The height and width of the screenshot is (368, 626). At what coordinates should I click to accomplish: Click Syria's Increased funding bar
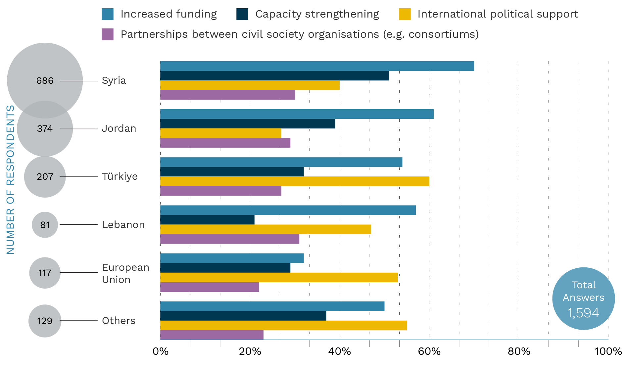[x=317, y=66]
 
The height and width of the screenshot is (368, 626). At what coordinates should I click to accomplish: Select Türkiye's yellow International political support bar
[x=295, y=181]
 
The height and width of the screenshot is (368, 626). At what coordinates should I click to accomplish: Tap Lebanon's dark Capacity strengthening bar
[x=207, y=220]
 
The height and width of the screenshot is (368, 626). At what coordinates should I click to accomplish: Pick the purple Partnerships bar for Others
[x=212, y=335]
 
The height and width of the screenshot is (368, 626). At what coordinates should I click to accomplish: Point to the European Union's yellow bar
[x=279, y=277]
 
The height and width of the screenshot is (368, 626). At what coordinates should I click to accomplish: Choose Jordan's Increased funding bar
[x=297, y=114]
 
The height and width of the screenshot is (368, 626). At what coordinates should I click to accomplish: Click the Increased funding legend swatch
[x=108, y=14]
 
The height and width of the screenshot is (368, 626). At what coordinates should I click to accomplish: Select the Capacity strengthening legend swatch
[x=242, y=14]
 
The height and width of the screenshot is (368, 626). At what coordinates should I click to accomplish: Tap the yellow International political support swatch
[x=405, y=14]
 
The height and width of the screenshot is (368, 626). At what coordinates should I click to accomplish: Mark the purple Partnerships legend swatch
[x=108, y=34]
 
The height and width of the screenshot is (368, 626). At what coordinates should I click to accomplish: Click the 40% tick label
[x=340, y=351]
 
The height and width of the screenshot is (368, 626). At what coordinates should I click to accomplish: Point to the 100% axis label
[x=608, y=351]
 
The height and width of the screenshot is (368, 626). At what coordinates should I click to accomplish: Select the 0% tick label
[x=161, y=351]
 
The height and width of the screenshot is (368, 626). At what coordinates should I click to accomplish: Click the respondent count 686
[x=45, y=81]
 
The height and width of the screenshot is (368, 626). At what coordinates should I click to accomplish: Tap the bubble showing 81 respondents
[x=45, y=225]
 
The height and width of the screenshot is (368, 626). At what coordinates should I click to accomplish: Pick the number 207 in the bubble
[x=45, y=177]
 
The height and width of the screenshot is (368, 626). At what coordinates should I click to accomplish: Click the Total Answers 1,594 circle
[x=583, y=299]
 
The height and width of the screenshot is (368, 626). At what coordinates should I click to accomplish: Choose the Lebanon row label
[x=123, y=225]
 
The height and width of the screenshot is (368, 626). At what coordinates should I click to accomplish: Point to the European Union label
[x=125, y=273]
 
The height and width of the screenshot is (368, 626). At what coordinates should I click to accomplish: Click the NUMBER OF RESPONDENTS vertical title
[x=11, y=180]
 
